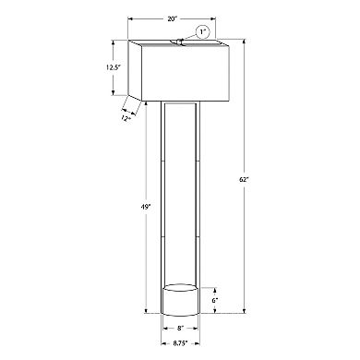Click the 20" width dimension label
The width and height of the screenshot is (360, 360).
tap(174, 18)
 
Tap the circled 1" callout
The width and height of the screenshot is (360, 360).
tap(203, 31)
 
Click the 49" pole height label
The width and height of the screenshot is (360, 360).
tap(136, 208)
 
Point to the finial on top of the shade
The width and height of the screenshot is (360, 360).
tap(177, 40)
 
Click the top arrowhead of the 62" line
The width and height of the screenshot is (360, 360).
tap(246, 42)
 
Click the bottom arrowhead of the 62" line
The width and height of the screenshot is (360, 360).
tap(246, 311)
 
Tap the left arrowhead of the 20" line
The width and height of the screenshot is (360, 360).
tap(131, 18)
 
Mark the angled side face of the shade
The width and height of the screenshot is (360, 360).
tap(132, 72)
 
